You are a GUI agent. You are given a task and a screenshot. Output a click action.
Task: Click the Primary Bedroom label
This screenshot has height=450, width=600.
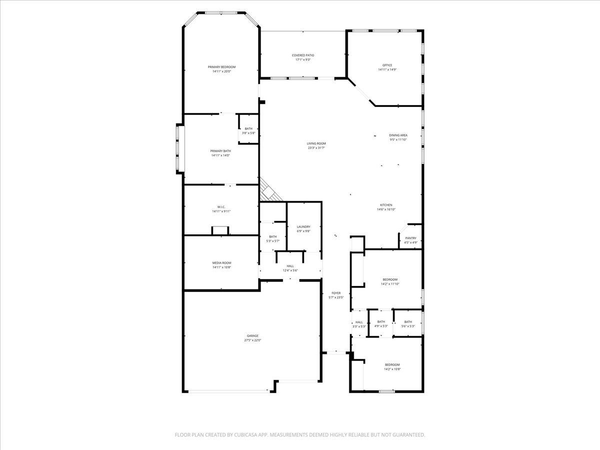pyautogui.click(x=221, y=67)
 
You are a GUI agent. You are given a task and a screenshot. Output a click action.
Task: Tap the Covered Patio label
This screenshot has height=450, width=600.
pyautogui.click(x=303, y=55)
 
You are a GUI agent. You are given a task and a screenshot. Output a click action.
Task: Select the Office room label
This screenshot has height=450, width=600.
pyautogui.click(x=387, y=65)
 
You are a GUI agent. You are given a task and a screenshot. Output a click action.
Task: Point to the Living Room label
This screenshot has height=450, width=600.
pyautogui.click(x=316, y=143)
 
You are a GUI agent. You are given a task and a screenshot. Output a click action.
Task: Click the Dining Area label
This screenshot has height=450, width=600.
pyautogui.click(x=398, y=135)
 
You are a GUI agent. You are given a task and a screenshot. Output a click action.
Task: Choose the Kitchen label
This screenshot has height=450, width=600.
pyautogui.click(x=386, y=205)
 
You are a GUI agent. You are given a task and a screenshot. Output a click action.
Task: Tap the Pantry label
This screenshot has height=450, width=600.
pyautogui.click(x=410, y=238)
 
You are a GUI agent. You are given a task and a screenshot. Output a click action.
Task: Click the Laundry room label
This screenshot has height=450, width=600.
pyautogui.click(x=303, y=227)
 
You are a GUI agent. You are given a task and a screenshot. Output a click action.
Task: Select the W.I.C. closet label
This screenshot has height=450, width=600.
pyautogui.click(x=221, y=207)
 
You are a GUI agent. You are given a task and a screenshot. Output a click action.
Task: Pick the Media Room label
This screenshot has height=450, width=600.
pyautogui.click(x=221, y=263)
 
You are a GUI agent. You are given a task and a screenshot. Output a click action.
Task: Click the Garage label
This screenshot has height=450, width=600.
pyautogui.click(x=252, y=336)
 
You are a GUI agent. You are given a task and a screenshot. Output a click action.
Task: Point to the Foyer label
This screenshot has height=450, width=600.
pyautogui.click(x=336, y=293)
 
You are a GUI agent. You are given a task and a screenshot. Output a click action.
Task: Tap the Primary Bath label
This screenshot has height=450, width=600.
pyautogui.click(x=220, y=151)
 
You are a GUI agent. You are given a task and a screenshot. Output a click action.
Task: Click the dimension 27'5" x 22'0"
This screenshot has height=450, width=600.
pyautogui.click(x=252, y=340)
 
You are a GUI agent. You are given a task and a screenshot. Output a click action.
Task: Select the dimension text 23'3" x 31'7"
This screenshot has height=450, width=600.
pyautogui.click(x=316, y=148)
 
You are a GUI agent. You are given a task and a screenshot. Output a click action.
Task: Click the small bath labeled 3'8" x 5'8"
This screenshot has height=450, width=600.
pyautogui.click(x=248, y=131)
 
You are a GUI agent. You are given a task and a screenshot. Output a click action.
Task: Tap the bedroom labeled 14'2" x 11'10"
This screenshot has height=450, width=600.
pyautogui.click(x=390, y=281)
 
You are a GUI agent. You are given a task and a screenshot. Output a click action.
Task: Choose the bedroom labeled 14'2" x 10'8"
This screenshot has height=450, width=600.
pyautogui.click(x=392, y=367)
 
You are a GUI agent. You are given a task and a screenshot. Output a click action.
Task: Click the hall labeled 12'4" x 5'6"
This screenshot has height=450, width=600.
pyautogui.click(x=290, y=268)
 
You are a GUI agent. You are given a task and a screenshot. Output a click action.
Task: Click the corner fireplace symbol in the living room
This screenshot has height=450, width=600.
pyautogui.click(x=268, y=191)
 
